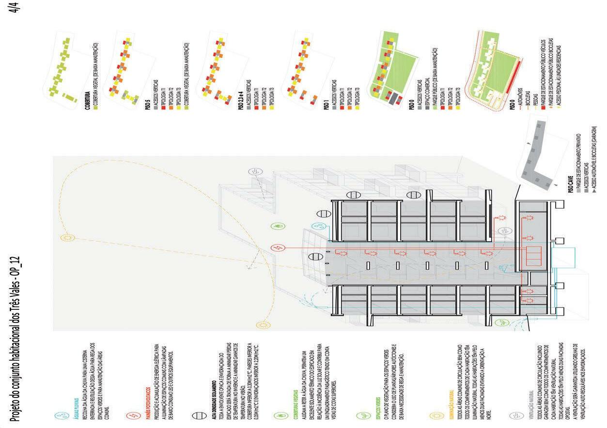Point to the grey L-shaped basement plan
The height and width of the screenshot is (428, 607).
pyautogui.click(x=538, y=160)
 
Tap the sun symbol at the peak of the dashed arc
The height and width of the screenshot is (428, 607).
pyautogui.click(x=67, y=237)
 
